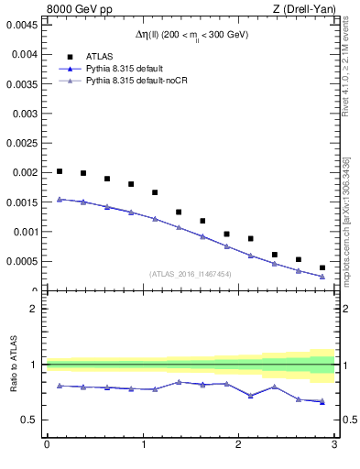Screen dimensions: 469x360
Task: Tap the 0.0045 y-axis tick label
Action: (22, 25)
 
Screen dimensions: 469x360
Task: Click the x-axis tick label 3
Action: (334, 445)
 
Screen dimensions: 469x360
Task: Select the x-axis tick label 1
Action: (143, 445)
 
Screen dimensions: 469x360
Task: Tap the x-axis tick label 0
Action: (47, 445)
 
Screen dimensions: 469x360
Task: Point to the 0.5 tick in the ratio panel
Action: (30, 420)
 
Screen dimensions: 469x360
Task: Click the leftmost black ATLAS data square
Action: (60, 171)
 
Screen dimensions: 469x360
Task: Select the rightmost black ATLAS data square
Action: (322, 267)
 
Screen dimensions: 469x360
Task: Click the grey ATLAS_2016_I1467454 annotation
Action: (190, 274)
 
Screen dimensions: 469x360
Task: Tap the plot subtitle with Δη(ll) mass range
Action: (191, 35)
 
